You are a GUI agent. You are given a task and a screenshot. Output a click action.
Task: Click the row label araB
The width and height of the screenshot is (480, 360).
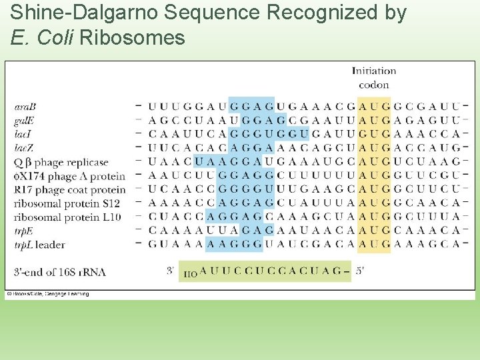pos(25,107)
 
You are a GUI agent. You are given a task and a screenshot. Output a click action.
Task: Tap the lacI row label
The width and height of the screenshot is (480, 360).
pos(23,135)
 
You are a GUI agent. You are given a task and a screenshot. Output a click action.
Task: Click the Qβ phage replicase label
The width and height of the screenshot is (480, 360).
pos(61,163)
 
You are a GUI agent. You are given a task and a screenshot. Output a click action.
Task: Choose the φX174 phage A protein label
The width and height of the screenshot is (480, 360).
pos(69,176)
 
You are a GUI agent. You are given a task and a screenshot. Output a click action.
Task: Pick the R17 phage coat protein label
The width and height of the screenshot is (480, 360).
pos(69,190)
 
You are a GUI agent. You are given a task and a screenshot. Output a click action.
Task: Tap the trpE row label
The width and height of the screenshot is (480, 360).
pos(24,231)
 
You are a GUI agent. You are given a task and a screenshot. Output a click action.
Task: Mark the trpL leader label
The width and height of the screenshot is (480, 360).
pos(39,245)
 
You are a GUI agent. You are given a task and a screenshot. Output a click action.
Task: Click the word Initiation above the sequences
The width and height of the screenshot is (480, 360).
pos(373,71)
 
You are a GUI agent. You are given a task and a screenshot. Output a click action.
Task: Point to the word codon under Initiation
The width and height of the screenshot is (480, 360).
pos(373,85)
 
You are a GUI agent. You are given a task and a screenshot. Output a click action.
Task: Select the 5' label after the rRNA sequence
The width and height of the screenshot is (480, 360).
pos(360,271)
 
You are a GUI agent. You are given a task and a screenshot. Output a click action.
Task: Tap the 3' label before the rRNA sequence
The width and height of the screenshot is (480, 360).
pos(171,271)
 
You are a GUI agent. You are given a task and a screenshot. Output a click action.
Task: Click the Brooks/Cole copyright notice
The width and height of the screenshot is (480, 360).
pos(47,294)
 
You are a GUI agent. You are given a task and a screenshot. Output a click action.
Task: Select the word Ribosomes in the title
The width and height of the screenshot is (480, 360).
pos(131,38)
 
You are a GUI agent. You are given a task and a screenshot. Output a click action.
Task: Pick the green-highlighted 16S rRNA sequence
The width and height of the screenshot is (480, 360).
pos(265,271)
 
